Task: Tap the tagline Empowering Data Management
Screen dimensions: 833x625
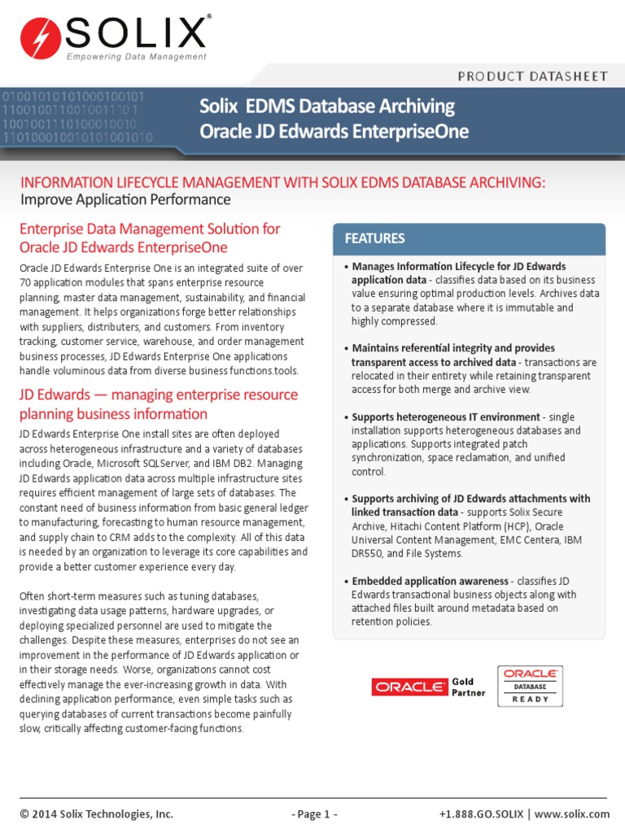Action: (136, 56)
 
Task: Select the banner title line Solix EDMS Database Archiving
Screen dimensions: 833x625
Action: (327, 107)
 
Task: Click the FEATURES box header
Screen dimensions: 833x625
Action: (375, 238)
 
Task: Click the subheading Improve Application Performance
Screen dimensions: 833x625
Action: (125, 200)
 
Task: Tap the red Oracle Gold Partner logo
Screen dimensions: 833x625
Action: (409, 687)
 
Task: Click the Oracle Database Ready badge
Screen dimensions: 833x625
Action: (530, 686)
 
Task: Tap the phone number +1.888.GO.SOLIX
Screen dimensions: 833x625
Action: (482, 813)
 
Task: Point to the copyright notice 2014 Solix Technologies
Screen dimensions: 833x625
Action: (97, 813)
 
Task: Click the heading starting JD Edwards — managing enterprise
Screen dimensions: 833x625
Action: (158, 395)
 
